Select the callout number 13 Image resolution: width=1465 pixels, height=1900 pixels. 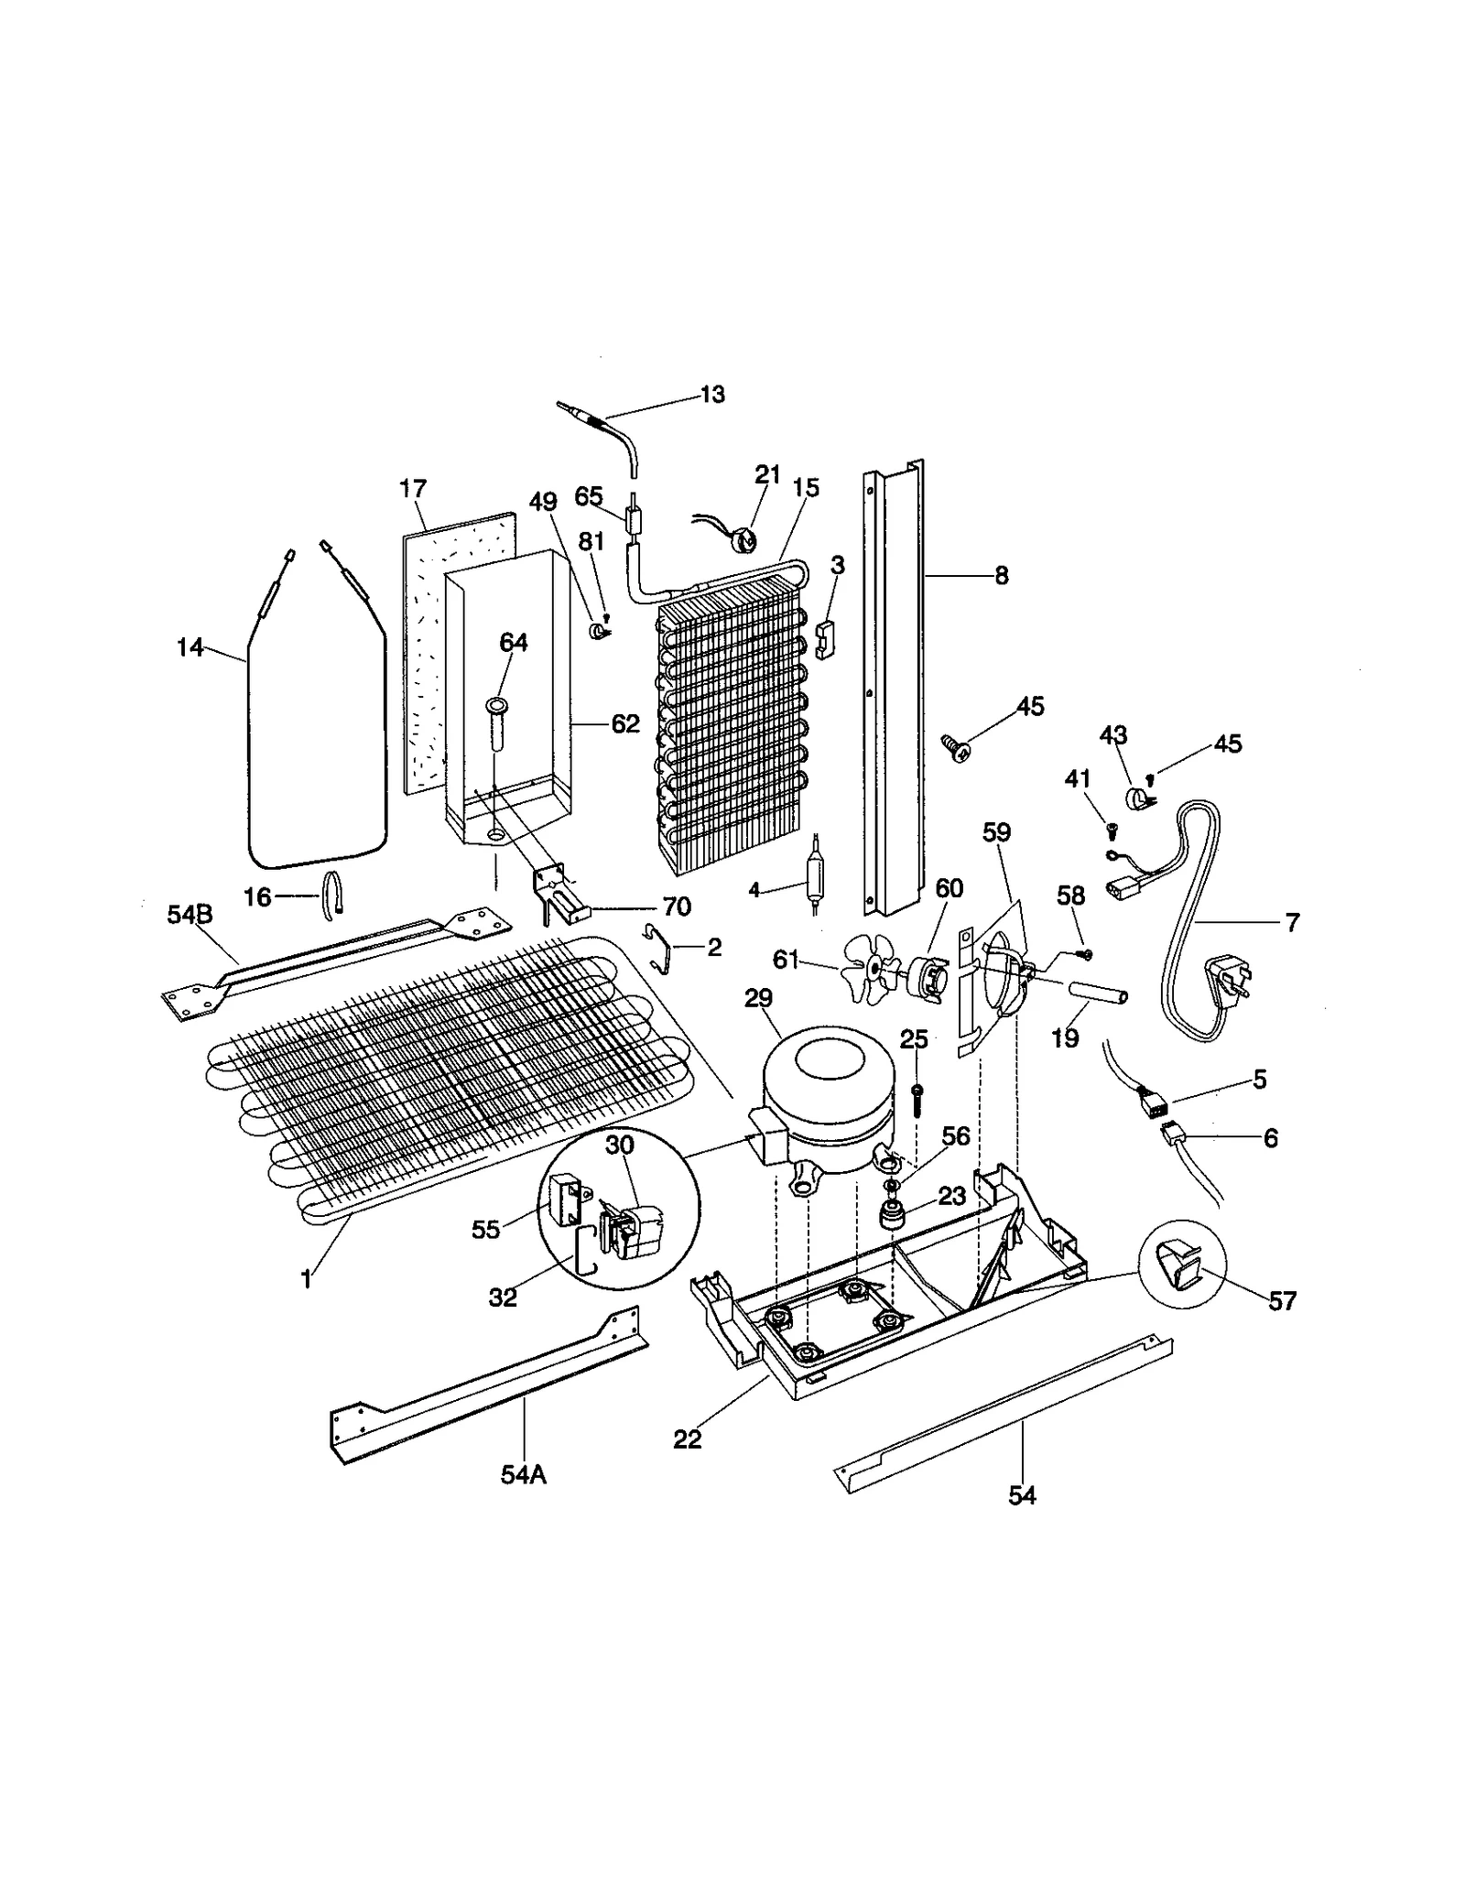pos(711,395)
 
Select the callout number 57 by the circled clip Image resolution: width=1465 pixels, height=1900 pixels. pos(1282,1301)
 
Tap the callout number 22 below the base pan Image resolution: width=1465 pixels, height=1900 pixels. pos(687,1439)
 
